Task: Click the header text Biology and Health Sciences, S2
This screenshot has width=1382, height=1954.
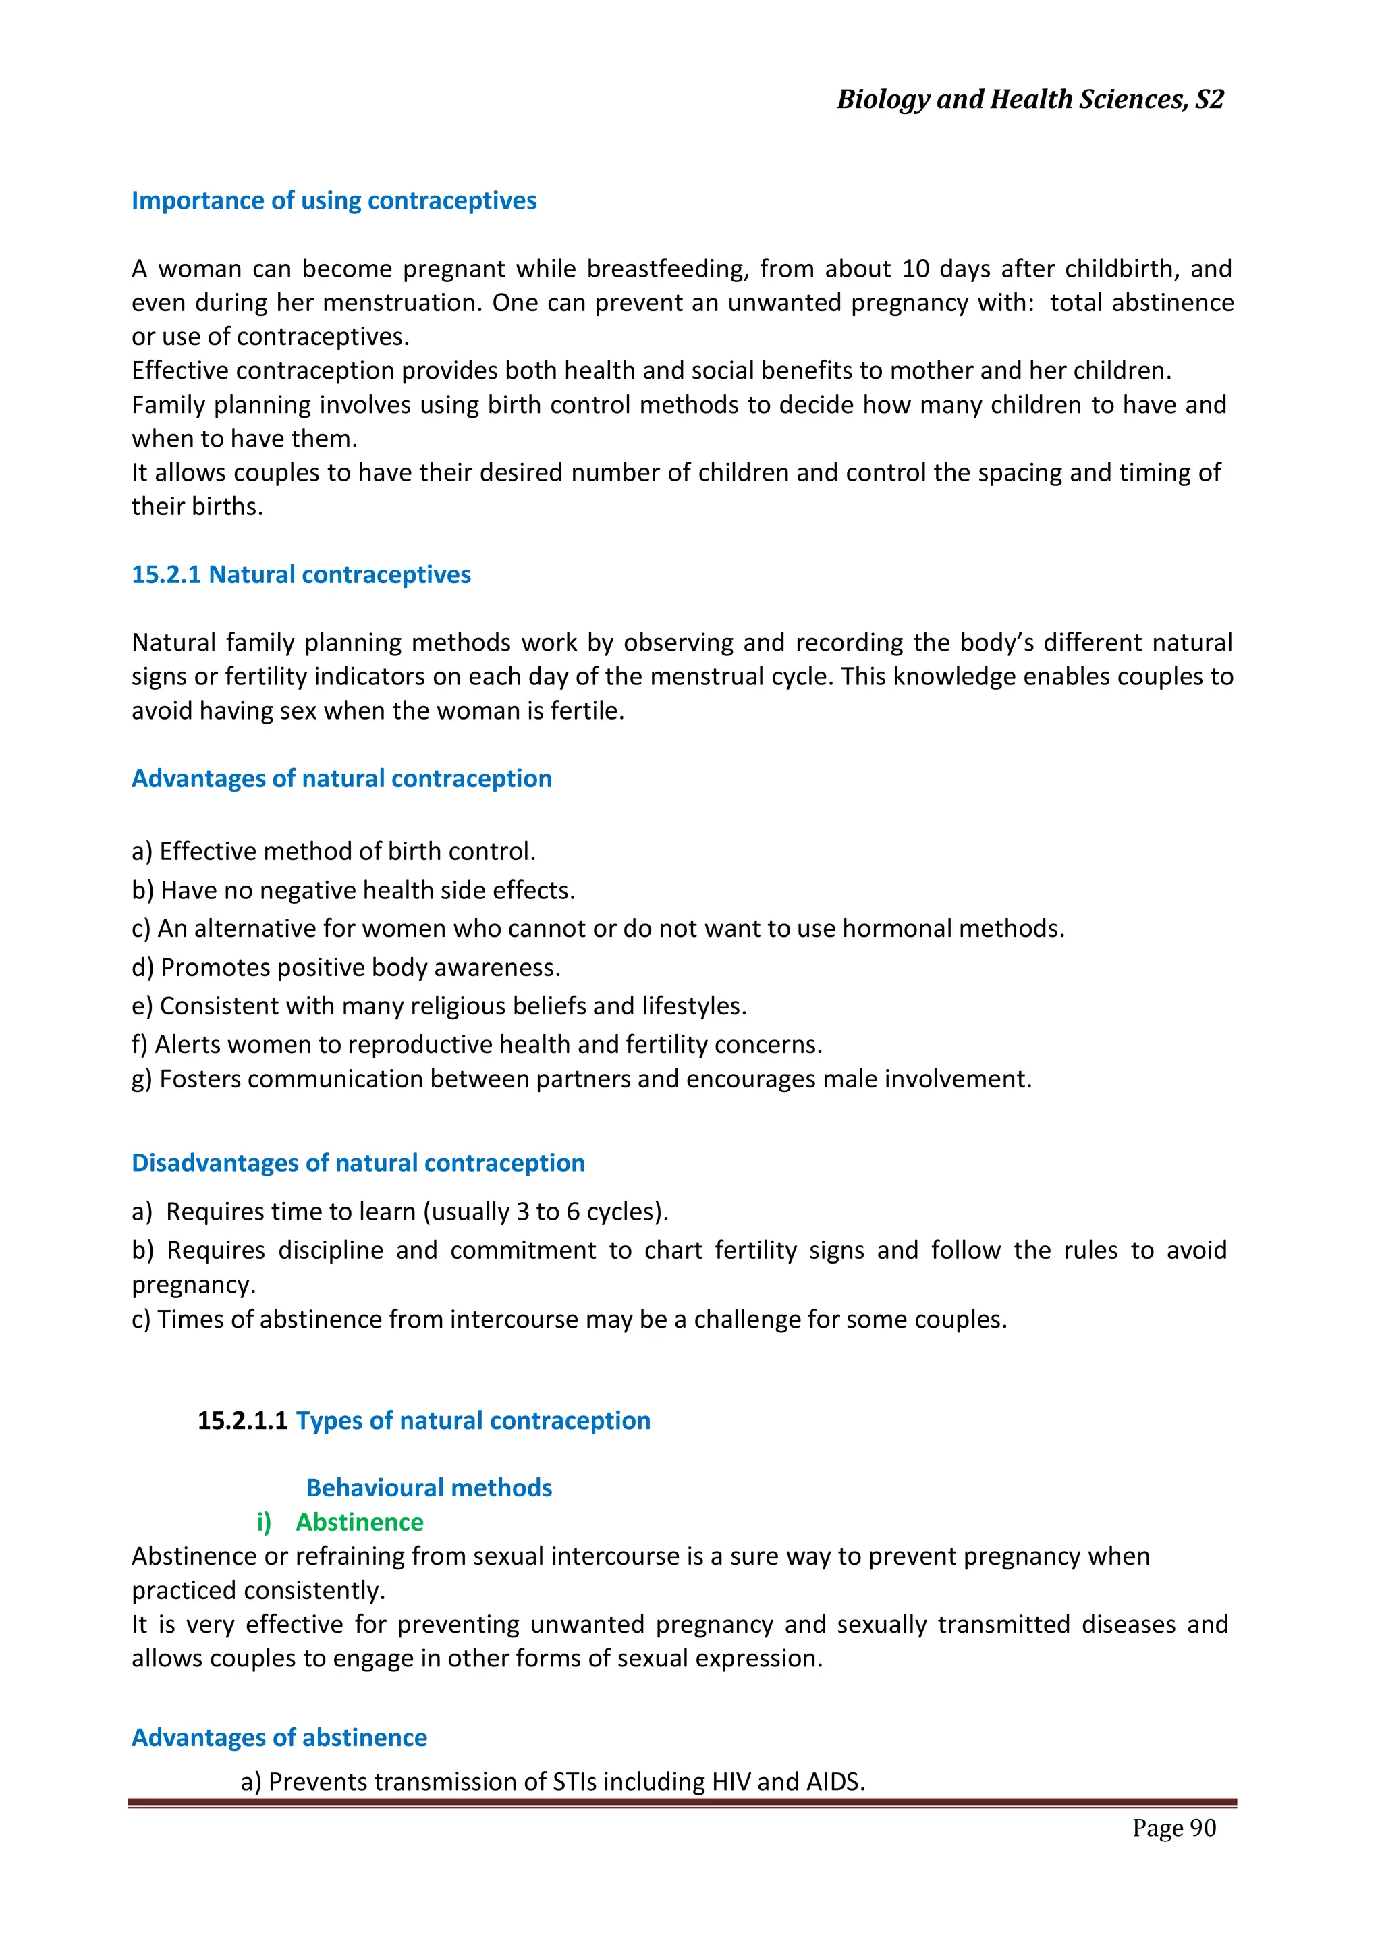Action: coord(1030,100)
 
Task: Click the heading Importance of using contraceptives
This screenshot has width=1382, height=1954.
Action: coord(333,201)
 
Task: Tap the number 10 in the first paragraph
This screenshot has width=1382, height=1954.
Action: coord(915,269)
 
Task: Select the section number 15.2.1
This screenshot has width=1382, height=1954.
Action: coord(166,574)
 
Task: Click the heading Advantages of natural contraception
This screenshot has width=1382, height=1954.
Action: coord(341,779)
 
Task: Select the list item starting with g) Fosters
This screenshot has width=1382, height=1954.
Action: coord(581,1079)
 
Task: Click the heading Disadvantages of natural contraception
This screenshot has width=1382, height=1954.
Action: coord(358,1164)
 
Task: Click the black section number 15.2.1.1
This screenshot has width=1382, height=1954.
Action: coord(242,1420)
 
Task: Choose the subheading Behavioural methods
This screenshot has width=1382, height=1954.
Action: coord(429,1488)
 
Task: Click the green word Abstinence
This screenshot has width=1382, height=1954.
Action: coord(359,1521)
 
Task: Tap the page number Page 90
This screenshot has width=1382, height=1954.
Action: coord(1173,1828)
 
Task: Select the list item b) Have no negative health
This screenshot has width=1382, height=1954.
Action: coord(353,890)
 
